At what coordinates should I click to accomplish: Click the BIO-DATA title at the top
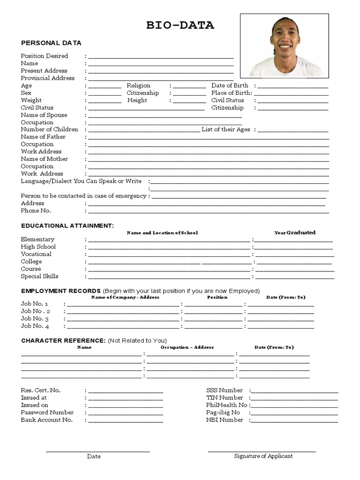click(x=180, y=26)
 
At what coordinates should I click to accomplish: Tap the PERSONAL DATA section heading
click(x=51, y=43)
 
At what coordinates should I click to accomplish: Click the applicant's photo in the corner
click(x=285, y=46)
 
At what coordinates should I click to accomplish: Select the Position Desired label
click(x=45, y=56)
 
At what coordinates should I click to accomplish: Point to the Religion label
click(x=139, y=86)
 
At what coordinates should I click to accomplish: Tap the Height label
click(x=137, y=100)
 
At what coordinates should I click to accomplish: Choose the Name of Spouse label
click(x=44, y=115)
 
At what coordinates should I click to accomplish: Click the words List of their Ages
click(x=226, y=129)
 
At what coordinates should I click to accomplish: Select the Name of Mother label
click(x=45, y=159)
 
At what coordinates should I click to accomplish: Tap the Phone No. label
click(x=36, y=210)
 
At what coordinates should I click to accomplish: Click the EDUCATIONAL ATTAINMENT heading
click(x=67, y=226)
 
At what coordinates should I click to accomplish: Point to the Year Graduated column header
click(x=295, y=232)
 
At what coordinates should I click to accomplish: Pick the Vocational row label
click(x=36, y=254)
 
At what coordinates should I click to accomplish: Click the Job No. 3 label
click(x=35, y=319)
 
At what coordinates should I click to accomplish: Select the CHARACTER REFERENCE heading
click(x=63, y=340)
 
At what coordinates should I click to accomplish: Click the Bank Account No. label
click(x=47, y=420)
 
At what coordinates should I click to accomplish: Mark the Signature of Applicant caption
click(x=263, y=456)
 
